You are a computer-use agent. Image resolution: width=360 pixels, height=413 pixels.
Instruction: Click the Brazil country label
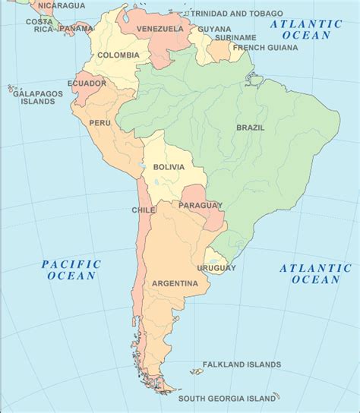(250, 128)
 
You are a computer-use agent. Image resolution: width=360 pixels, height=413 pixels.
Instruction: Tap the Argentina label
(175, 284)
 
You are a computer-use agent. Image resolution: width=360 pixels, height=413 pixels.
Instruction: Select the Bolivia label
(169, 167)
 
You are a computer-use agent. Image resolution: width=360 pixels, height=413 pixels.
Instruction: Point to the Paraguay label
(201, 206)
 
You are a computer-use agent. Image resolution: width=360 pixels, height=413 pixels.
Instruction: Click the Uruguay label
(216, 268)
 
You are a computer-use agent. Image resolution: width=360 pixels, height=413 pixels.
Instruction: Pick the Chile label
(144, 210)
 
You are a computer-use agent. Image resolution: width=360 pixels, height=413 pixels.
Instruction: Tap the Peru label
(99, 122)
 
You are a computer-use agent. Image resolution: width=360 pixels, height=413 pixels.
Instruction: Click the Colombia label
(118, 55)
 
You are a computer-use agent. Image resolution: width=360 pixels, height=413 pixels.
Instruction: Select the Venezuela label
(160, 29)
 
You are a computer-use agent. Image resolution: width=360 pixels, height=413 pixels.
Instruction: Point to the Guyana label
(214, 29)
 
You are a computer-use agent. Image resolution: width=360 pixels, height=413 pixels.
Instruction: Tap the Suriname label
(235, 37)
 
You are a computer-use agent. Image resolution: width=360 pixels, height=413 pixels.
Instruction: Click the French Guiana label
(266, 48)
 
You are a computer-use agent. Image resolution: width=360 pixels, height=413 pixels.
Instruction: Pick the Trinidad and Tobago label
(236, 14)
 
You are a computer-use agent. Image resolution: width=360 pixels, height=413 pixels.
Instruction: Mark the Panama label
(76, 30)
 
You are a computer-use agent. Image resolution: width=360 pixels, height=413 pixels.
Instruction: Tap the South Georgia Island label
(227, 399)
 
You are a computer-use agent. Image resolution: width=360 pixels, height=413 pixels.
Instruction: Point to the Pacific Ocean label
(71, 270)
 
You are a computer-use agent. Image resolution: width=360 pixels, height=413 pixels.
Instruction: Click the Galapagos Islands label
(36, 95)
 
